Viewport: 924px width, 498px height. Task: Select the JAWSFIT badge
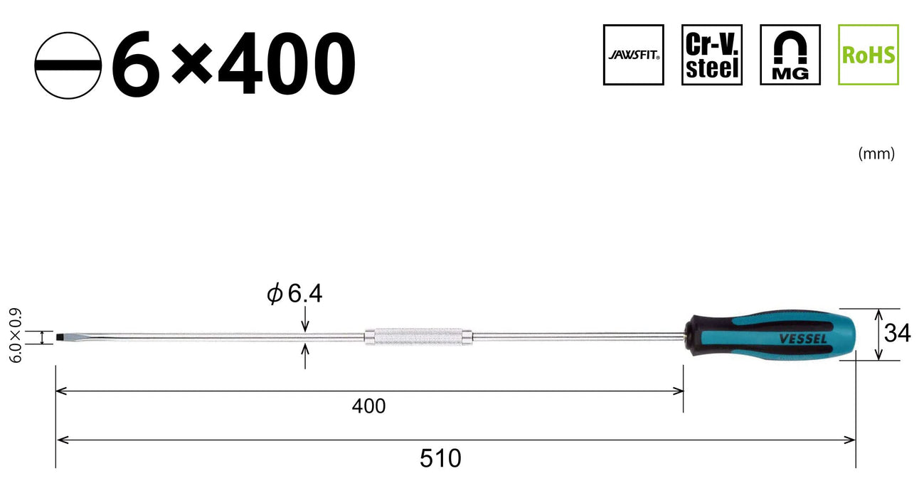click(633, 55)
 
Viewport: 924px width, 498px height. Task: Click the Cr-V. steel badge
click(711, 55)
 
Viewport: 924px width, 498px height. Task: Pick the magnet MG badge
click(790, 55)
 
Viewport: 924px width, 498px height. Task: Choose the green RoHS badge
click(868, 55)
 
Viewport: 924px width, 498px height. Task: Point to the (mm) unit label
click(876, 154)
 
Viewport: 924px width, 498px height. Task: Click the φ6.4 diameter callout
click(294, 294)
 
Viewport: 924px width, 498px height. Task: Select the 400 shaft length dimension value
click(368, 406)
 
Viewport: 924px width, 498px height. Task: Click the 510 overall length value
click(440, 459)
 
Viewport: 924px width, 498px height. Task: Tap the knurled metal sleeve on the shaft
click(419, 335)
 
